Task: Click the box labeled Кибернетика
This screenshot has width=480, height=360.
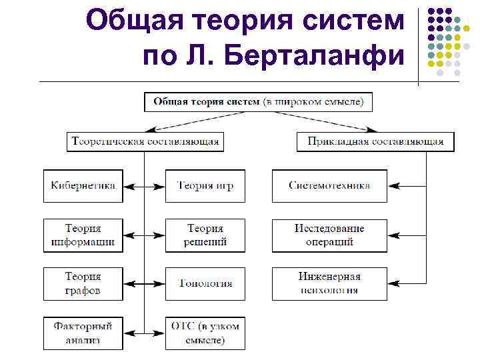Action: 83,186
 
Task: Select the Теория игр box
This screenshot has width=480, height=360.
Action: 205,186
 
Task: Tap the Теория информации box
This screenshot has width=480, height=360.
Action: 83,235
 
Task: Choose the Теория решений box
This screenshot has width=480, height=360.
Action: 205,235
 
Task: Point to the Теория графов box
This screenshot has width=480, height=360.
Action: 83,283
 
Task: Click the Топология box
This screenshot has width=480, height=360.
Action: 205,283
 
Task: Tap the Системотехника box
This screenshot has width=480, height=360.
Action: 329,186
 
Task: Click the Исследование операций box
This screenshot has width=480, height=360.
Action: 329,235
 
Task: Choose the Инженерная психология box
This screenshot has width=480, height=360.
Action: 329,283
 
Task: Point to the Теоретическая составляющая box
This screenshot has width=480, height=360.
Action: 145,141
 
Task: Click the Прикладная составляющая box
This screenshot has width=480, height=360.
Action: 375,141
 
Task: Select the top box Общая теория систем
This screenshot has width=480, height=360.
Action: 259,102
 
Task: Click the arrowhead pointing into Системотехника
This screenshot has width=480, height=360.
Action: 392,186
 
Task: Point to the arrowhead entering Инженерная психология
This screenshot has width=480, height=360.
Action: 392,283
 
